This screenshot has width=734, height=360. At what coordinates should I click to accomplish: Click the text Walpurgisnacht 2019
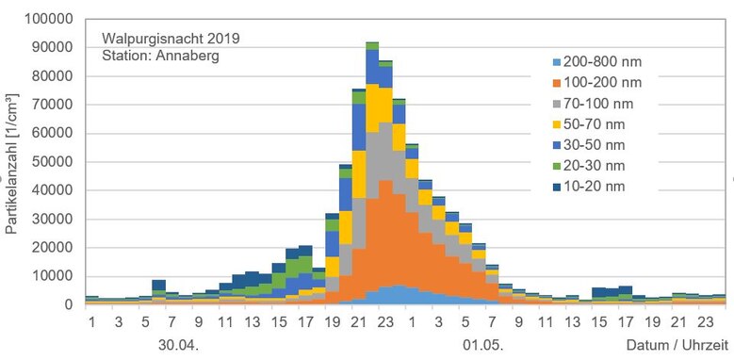pos(171,39)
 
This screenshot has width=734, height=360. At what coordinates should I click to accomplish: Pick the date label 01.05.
pos(480,344)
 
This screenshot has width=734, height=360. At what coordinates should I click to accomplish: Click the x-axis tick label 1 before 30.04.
pos(92,322)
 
